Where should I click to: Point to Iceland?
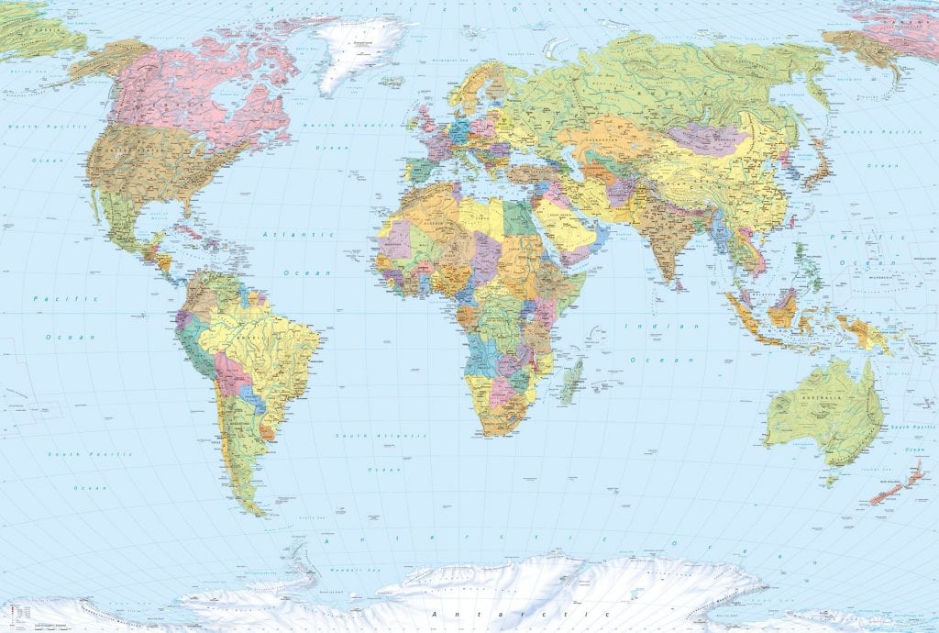[391, 82]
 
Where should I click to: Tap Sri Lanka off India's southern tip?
[678, 285]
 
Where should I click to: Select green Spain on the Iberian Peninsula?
[420, 172]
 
